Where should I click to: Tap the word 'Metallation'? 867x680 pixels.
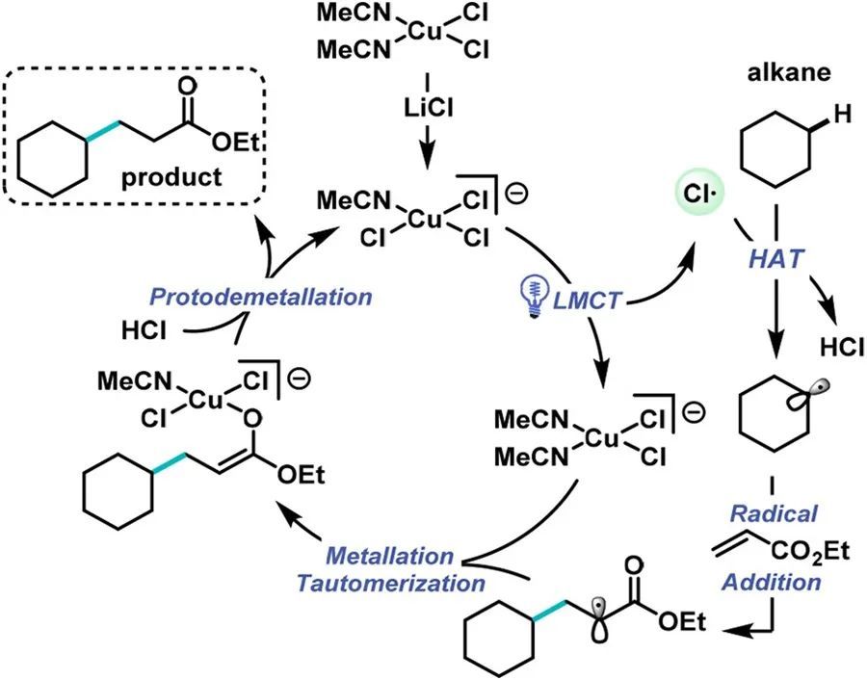click(x=387, y=557)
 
